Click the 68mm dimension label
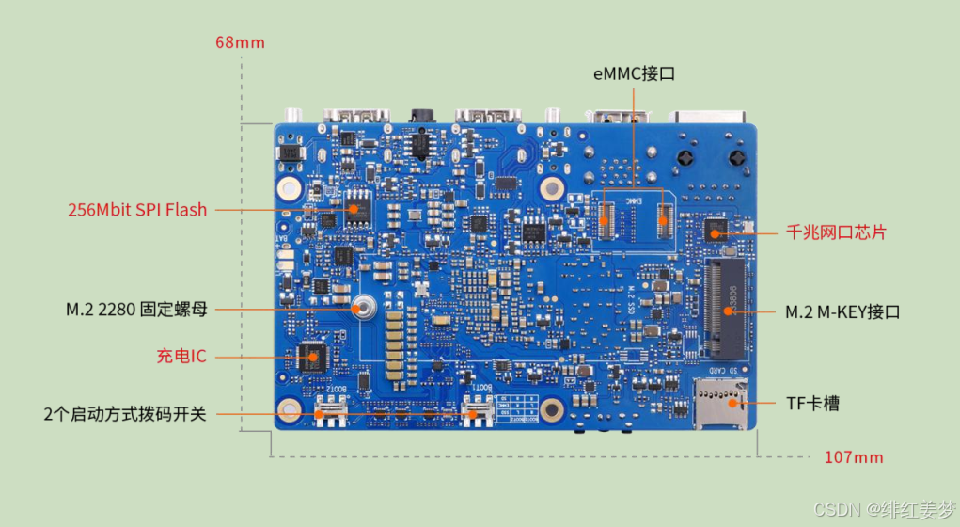(x=240, y=42)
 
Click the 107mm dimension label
(x=854, y=457)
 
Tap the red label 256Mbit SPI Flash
(x=137, y=210)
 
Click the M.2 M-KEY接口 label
(x=842, y=311)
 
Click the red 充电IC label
(x=181, y=357)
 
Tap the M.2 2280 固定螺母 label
(x=136, y=309)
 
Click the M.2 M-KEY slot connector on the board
(x=726, y=310)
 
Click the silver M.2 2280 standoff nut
(x=361, y=307)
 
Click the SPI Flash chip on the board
(x=357, y=210)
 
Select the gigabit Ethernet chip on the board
(x=716, y=230)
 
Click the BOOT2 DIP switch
(x=331, y=410)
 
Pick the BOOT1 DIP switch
(x=480, y=410)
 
